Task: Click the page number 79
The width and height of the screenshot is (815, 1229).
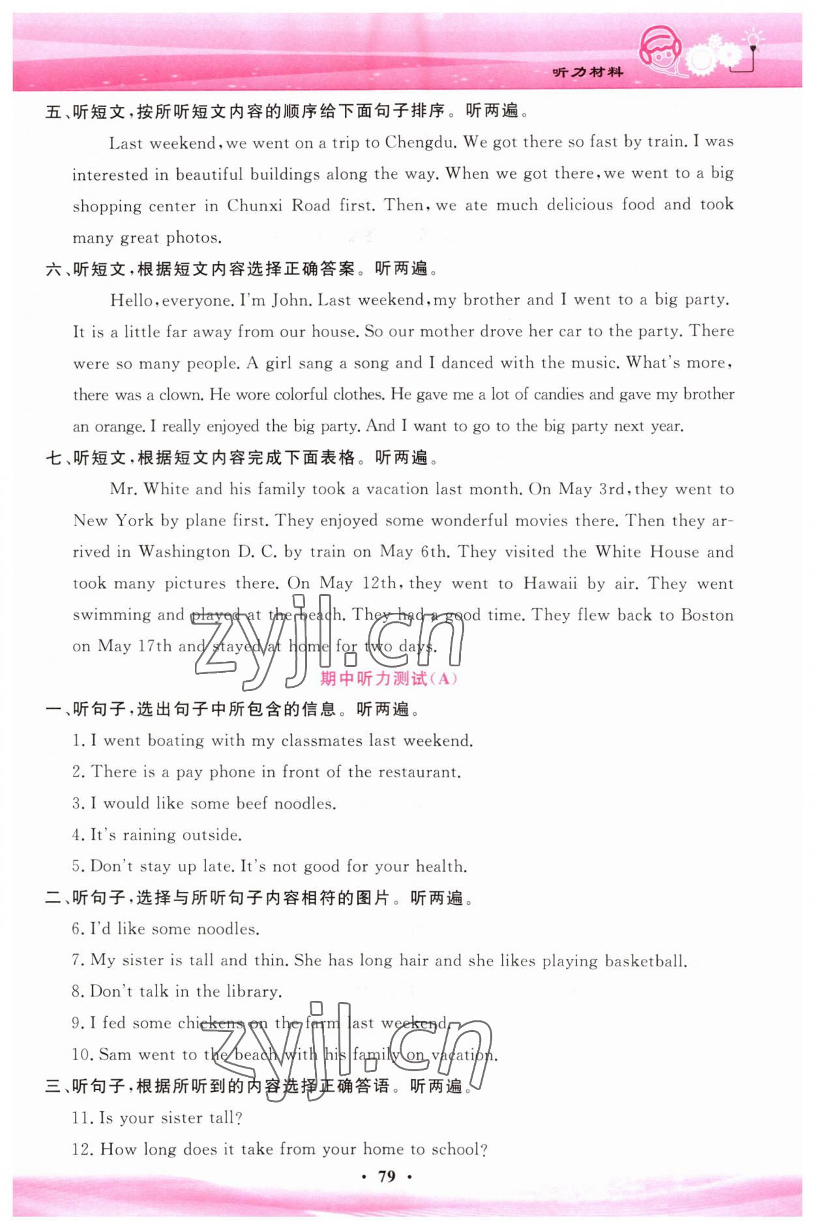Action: (387, 1176)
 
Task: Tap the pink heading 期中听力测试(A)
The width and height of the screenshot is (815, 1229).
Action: (389, 679)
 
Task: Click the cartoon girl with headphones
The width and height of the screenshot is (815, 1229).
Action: (660, 51)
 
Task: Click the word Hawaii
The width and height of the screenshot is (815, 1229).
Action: (550, 583)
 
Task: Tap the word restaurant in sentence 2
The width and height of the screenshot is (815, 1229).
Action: (419, 772)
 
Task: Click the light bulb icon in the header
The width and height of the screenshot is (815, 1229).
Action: (753, 40)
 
